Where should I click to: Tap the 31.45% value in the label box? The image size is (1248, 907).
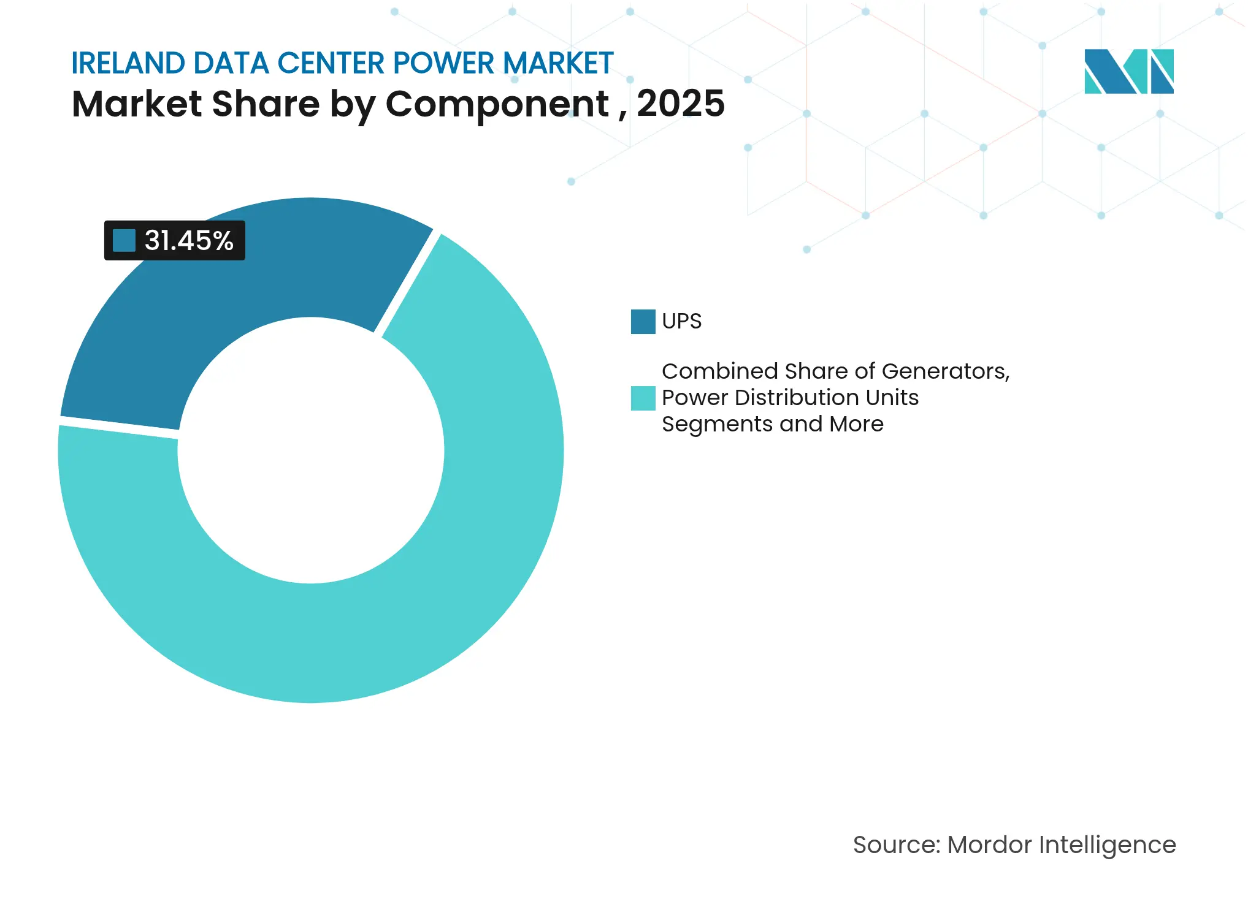pyautogui.click(x=189, y=241)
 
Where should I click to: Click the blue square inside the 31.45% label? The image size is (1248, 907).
pyautogui.click(x=124, y=241)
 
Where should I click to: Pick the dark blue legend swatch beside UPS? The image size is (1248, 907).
pyautogui.click(x=643, y=322)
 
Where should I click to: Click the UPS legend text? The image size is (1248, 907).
pyautogui.click(x=681, y=321)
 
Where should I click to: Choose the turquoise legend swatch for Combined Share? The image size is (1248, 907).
pyautogui.click(x=643, y=398)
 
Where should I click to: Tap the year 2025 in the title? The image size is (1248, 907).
pyautogui.click(x=681, y=104)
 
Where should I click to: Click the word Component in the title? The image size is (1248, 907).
pyautogui.click(x=497, y=104)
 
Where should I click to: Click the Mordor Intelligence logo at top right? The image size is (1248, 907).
pyautogui.click(x=1128, y=72)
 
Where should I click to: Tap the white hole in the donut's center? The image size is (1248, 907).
pyautogui.click(x=311, y=450)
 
